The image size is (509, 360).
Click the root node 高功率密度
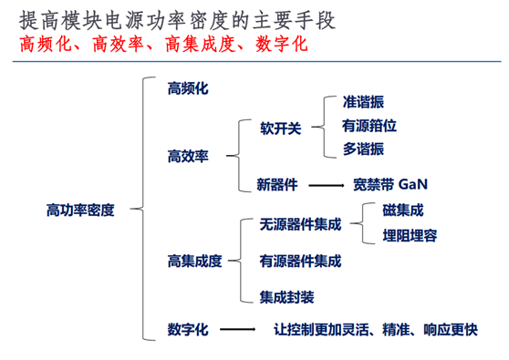coord(80,210)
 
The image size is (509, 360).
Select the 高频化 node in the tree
coord(189,88)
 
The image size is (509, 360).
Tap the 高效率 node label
coord(189,156)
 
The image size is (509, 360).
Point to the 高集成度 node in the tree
coord(194,262)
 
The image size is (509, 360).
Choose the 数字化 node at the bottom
coord(189,329)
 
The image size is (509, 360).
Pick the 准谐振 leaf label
coord(363,101)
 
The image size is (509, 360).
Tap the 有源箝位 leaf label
coord(369,126)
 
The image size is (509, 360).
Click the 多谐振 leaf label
coord(363,149)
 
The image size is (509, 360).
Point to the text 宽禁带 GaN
coord(390,184)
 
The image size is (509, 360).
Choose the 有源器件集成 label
coord(300,262)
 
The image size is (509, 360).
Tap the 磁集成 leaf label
coord(402,211)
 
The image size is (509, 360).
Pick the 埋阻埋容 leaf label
coord(409,236)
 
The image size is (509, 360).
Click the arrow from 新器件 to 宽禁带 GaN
coord(326,185)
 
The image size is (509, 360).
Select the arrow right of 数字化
coord(238,330)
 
